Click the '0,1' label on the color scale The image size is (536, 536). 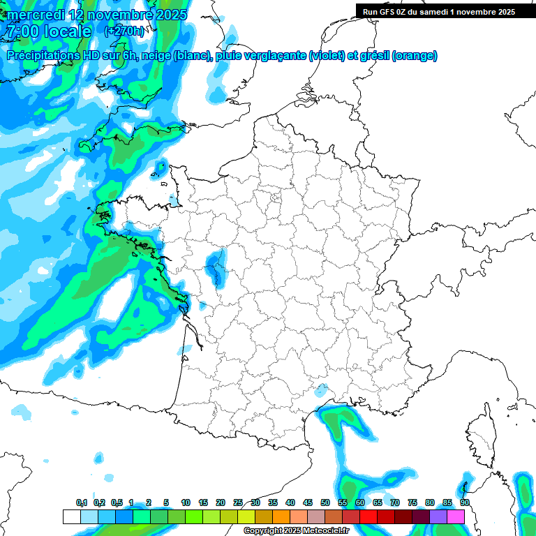point(82,503)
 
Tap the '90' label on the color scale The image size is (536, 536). point(464,503)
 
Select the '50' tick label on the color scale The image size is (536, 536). point(325,503)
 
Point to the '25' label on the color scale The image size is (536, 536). point(238,503)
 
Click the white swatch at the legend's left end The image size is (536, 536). point(71,516)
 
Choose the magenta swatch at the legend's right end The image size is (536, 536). point(456,516)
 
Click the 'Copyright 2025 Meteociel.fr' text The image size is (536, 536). point(296,531)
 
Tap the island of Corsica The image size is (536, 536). point(481,436)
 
